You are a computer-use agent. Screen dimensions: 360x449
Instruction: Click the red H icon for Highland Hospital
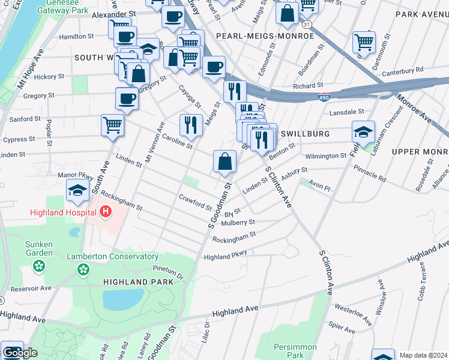point(106,212)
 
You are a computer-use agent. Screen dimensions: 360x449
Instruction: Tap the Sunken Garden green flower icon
point(40,265)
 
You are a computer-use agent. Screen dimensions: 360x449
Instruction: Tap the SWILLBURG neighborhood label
point(305,134)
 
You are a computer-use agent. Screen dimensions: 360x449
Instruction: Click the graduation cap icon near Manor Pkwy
point(78,190)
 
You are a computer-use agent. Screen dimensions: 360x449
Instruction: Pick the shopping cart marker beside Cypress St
point(112,125)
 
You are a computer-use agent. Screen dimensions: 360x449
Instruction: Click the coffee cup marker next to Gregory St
point(127,98)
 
